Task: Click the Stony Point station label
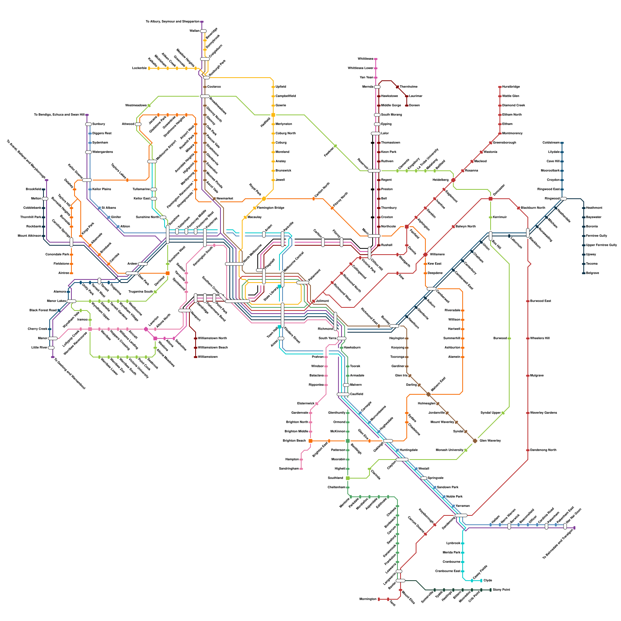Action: coord(501,590)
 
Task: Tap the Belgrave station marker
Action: coord(584,273)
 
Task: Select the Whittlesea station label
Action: coord(365,59)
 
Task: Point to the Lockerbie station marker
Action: coord(149,68)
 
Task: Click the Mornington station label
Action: coord(368,599)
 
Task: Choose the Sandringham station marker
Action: coord(301,468)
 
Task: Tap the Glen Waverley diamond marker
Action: coord(475,441)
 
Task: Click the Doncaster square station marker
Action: coord(491,199)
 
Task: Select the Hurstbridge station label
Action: coord(511,87)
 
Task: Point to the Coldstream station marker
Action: coord(562,142)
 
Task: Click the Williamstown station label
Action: coord(208,357)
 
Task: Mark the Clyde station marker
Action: coord(481,580)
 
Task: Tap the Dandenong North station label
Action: coord(543,450)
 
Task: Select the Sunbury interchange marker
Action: coord(88,124)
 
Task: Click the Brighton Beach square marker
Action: coord(310,441)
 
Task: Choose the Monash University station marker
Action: coord(466,450)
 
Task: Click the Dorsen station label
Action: coord(414,105)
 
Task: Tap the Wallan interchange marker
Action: coord(203,31)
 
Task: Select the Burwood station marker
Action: coord(509,338)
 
